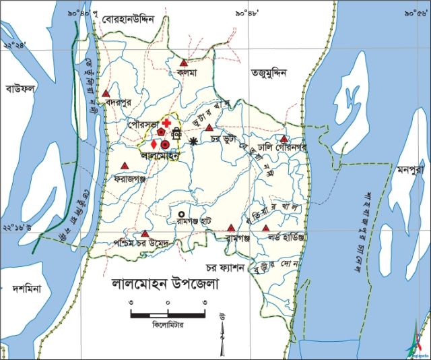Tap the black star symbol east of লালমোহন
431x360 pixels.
point(194,141)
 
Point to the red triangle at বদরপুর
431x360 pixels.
point(106,94)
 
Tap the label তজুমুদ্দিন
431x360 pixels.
point(269,71)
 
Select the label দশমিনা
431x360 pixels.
point(27,289)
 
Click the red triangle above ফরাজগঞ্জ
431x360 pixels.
point(125,166)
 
